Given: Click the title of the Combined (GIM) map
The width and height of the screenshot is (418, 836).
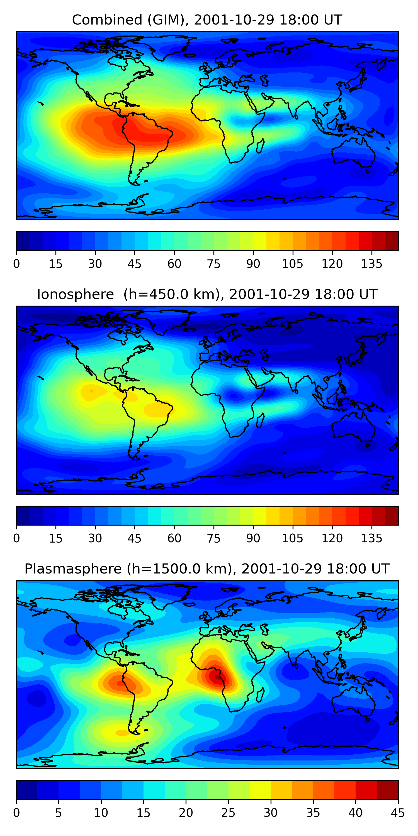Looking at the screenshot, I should [x=207, y=20].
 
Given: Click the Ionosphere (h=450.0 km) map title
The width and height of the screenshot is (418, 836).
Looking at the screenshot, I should [x=207, y=295].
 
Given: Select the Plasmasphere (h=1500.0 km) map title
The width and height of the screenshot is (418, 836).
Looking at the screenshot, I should [x=207, y=569].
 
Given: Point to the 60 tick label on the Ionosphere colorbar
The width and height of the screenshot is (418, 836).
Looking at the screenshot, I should [x=174, y=538].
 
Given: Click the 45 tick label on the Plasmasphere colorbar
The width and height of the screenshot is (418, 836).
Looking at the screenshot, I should [x=398, y=813].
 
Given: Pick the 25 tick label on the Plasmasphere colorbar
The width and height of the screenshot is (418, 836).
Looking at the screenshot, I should [x=228, y=813].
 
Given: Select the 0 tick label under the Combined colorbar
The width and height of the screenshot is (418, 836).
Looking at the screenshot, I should [x=16, y=264].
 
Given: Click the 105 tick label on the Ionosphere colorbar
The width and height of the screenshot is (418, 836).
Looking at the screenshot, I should [x=292, y=538].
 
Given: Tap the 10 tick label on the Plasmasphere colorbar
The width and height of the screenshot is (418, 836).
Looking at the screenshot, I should [x=101, y=813].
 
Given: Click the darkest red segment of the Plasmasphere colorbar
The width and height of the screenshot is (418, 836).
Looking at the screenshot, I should [x=388, y=790].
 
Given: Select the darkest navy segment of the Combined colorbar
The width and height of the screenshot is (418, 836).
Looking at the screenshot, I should [x=23, y=241].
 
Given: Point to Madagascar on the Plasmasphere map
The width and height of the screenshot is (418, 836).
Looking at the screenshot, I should [x=260, y=695].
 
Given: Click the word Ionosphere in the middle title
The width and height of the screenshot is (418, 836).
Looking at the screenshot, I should [x=75, y=295].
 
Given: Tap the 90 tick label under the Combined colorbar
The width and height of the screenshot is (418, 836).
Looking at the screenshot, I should [x=253, y=264].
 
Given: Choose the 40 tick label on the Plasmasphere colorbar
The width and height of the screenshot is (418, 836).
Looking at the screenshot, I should [x=355, y=813].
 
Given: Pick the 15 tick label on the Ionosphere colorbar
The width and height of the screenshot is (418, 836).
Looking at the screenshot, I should [x=55, y=538].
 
